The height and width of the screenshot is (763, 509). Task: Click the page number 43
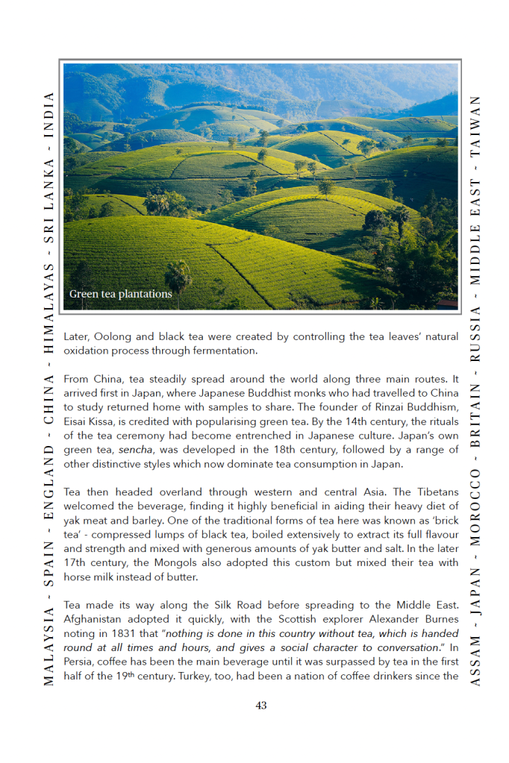(260, 706)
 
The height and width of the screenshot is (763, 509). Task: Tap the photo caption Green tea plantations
(120, 294)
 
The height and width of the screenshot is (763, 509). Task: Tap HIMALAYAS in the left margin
(49, 307)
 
